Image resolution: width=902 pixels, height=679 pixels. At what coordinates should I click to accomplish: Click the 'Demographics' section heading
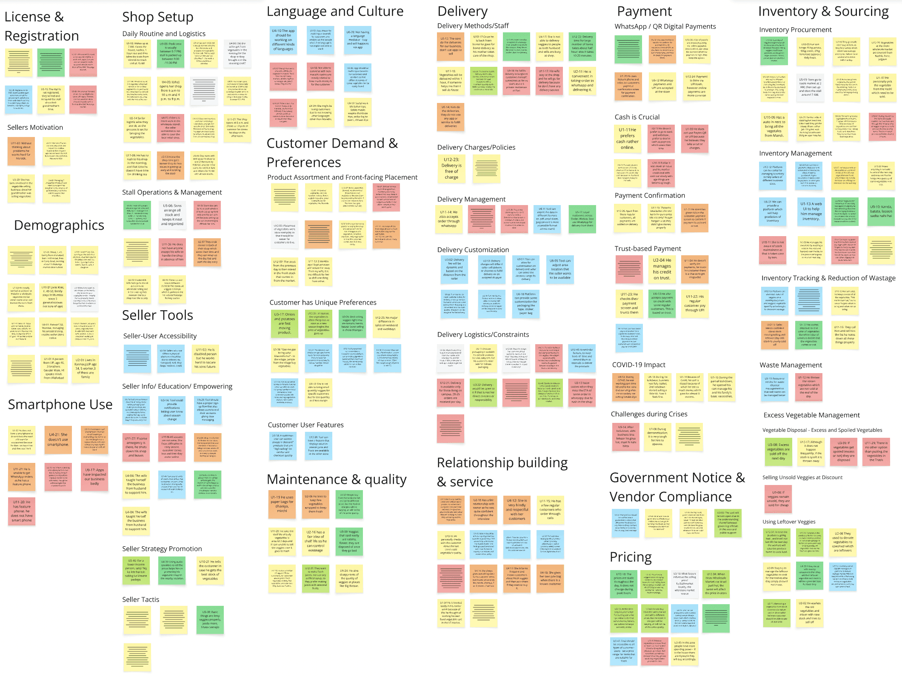click(59, 225)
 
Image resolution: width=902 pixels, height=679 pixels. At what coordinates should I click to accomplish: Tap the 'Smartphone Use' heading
click(60, 404)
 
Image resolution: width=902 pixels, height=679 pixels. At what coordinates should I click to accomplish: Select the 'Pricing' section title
click(631, 557)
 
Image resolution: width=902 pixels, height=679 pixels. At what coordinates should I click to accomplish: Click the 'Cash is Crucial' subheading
click(637, 117)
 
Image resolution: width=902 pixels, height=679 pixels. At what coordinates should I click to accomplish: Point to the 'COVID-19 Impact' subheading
click(639, 365)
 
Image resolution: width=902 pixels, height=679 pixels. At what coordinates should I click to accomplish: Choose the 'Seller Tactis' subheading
click(140, 599)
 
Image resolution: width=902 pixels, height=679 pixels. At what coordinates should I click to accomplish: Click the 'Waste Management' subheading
click(791, 365)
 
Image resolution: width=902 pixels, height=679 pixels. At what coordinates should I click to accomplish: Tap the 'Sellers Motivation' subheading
click(35, 127)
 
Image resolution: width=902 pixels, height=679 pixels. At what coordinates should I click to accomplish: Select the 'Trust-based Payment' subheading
click(648, 248)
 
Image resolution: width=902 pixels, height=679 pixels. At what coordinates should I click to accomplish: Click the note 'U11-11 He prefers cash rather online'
click(628, 139)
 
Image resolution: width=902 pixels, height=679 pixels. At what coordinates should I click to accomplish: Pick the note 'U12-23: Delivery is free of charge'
click(451, 168)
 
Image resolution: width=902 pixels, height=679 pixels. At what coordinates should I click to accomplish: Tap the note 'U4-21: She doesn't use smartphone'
click(58, 440)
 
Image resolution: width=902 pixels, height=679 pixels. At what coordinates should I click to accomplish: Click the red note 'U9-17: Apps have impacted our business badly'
click(94, 476)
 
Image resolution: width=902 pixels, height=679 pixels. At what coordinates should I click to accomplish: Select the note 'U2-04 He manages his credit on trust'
click(662, 269)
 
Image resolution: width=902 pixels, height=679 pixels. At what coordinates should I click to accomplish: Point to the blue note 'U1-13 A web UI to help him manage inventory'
click(811, 211)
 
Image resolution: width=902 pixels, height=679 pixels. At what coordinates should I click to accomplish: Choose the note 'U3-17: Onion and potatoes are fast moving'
click(284, 323)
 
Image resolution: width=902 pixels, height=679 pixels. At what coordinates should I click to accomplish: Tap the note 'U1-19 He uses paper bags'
click(282, 504)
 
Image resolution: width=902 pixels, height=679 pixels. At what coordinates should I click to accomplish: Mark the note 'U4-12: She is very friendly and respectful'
click(517, 509)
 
